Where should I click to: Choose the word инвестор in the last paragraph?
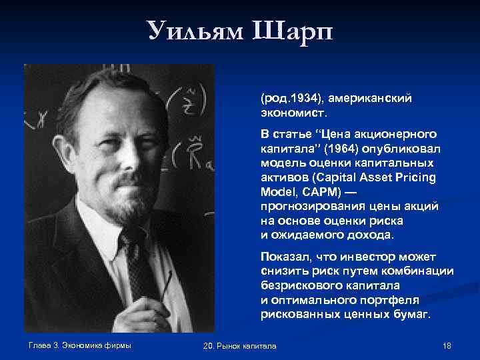point(351,257)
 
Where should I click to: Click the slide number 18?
point(447,345)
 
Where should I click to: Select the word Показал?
point(284,257)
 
